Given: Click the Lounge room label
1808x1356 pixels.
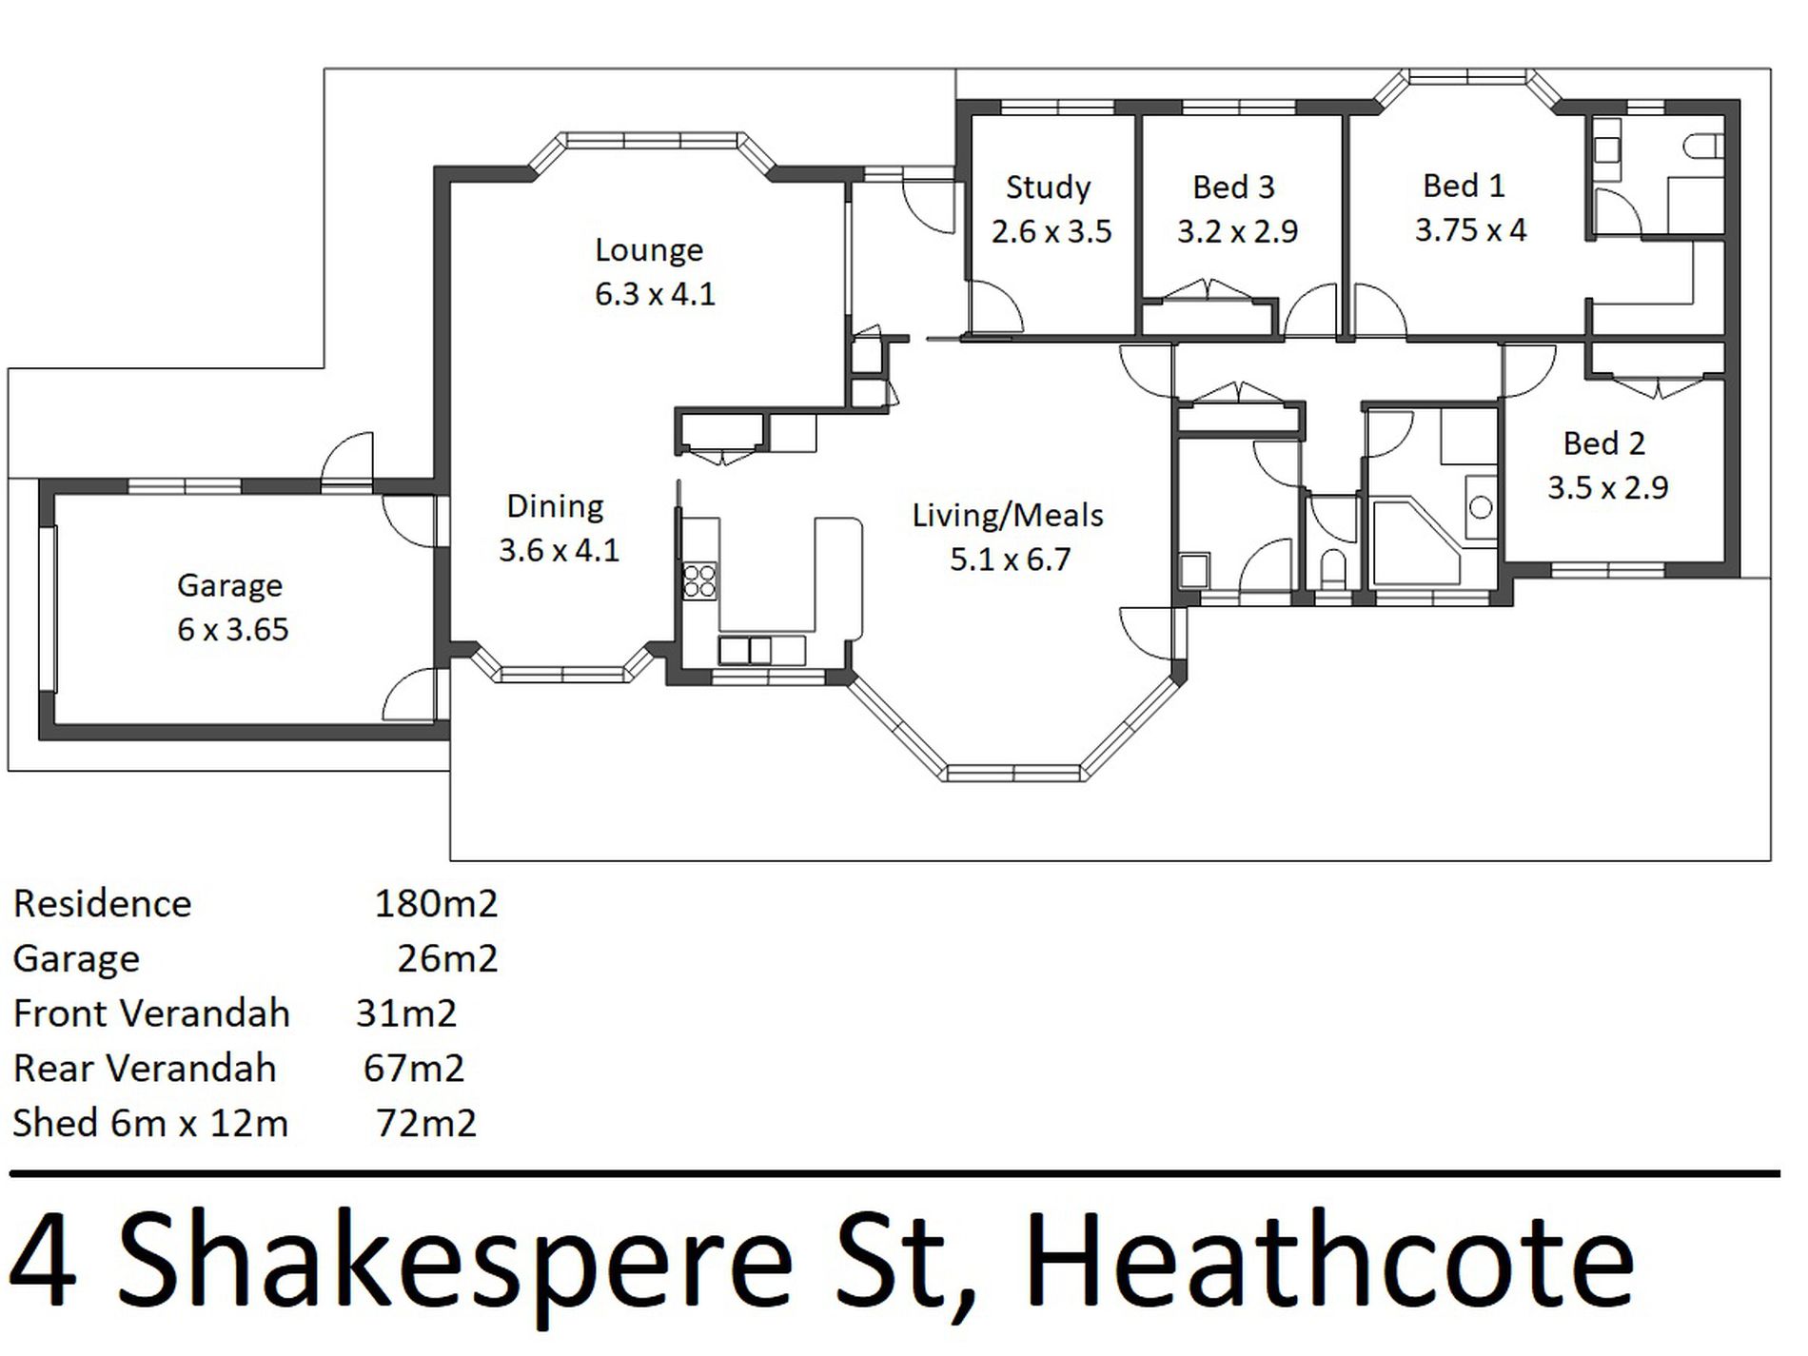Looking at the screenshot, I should point(649,250).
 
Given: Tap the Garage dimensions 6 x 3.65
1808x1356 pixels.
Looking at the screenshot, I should point(233,629).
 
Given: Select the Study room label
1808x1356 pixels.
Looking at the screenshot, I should point(1048,187).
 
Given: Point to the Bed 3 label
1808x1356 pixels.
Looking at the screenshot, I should point(1233,187).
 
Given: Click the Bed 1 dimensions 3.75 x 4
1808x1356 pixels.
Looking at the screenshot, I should point(1470,230).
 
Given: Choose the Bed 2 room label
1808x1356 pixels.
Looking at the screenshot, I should point(1603,443).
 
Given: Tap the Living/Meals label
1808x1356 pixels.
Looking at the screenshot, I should point(1008,516).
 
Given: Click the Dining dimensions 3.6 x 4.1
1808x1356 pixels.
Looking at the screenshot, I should point(560,550).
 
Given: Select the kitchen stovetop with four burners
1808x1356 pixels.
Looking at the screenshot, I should point(699,580).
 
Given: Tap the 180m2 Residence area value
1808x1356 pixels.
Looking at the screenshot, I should point(436,904).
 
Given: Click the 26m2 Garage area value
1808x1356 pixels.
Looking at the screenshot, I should point(447,958).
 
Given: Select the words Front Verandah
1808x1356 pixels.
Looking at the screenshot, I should point(151,1013).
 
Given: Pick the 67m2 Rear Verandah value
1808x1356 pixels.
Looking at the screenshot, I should point(414,1069).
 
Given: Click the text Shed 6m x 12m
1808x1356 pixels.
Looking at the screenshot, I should point(150,1124).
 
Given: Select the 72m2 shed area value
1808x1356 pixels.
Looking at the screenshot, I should point(425,1124).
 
